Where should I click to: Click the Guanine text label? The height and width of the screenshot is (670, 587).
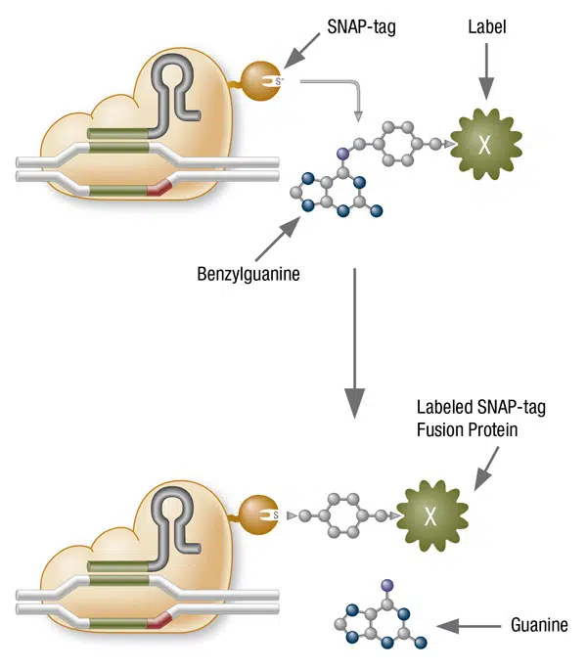tap(538, 624)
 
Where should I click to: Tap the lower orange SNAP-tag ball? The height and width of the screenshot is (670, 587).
tap(256, 512)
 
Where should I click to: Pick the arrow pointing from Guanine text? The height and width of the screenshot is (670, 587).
tap(470, 624)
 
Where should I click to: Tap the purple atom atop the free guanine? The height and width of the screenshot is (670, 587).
tap(386, 584)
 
